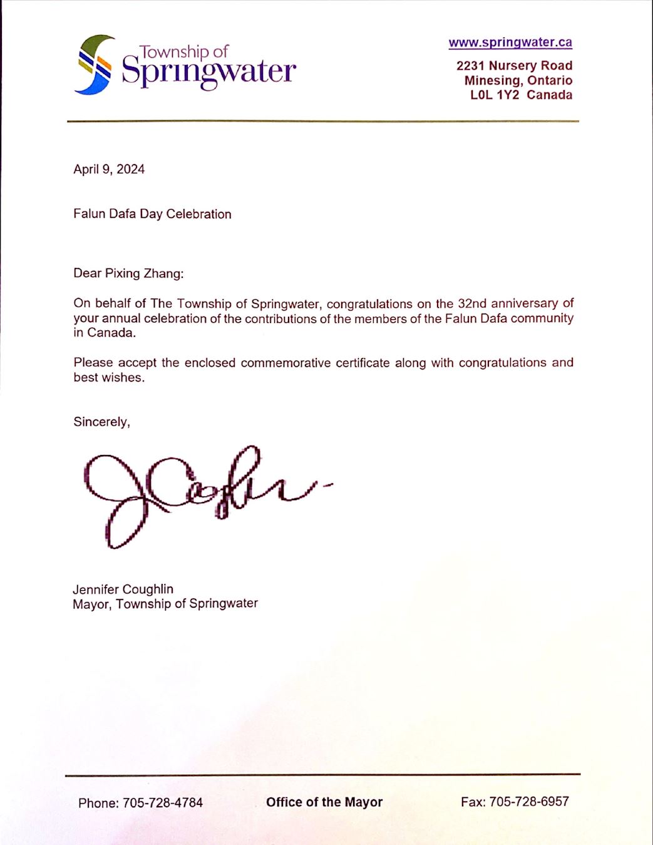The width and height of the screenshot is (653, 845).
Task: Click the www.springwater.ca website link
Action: (x=510, y=43)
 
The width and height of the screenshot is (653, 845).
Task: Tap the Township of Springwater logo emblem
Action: (x=95, y=65)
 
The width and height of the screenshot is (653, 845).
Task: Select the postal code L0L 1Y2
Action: (x=495, y=95)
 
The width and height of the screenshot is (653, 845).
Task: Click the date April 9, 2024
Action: (x=109, y=169)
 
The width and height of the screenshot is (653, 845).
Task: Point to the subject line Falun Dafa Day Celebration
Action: (x=152, y=214)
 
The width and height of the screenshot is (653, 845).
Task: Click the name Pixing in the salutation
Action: (x=123, y=274)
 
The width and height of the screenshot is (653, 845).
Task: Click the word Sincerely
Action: (x=101, y=422)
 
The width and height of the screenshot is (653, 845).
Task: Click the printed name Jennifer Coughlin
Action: (x=123, y=589)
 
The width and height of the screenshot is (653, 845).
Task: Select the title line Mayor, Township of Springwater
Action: (x=165, y=604)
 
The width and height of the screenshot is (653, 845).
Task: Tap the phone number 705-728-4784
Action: (x=162, y=803)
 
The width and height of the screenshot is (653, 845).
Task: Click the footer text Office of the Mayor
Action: (x=324, y=802)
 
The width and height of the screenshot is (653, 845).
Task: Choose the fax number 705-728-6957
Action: (x=528, y=802)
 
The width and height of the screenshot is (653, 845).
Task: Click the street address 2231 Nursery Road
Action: (x=514, y=66)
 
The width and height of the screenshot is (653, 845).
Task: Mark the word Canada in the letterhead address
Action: (x=549, y=95)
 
